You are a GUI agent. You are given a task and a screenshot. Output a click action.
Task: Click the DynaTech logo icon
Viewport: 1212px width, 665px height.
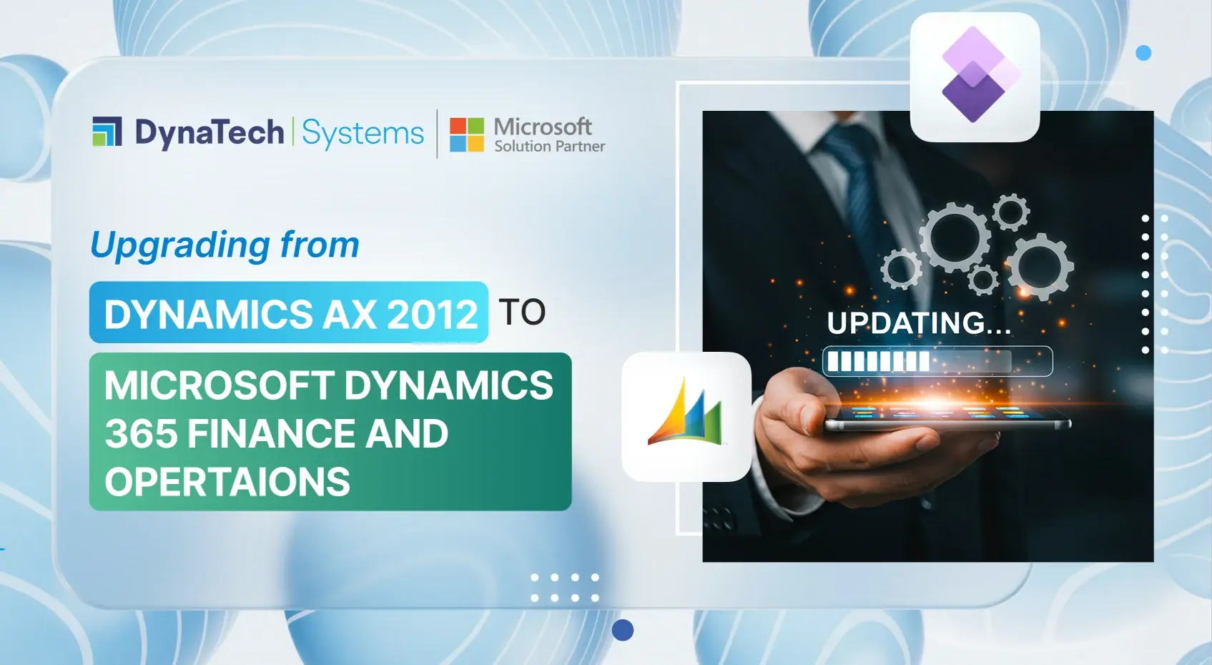pyautogui.click(x=107, y=132)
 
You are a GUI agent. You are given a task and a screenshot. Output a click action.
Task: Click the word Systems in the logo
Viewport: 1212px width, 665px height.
pyautogui.click(x=363, y=134)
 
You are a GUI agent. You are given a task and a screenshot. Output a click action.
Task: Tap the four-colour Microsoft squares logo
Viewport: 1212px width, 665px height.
pyautogui.click(x=466, y=134)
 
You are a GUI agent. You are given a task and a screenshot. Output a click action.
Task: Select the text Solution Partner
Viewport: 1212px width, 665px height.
pyautogui.click(x=549, y=147)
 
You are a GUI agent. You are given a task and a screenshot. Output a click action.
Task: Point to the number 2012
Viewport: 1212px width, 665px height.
pyautogui.click(x=432, y=314)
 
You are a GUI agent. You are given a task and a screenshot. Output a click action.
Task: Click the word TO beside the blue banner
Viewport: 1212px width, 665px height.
pyautogui.click(x=522, y=312)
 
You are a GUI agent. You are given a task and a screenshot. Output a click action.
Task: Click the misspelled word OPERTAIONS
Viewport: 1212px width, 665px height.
pyautogui.click(x=227, y=482)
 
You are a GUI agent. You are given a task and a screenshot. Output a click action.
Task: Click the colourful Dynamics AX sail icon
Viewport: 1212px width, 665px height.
pyautogui.click(x=686, y=415)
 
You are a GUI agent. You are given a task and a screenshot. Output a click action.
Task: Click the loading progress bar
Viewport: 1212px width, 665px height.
pyautogui.click(x=937, y=361)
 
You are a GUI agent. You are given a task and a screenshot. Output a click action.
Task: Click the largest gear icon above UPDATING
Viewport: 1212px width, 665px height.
pyautogui.click(x=955, y=236)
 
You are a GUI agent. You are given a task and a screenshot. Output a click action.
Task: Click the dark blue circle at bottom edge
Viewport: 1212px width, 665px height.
pyautogui.click(x=623, y=630)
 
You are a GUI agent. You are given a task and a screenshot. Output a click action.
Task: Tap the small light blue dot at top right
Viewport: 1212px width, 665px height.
pyautogui.click(x=1143, y=53)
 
